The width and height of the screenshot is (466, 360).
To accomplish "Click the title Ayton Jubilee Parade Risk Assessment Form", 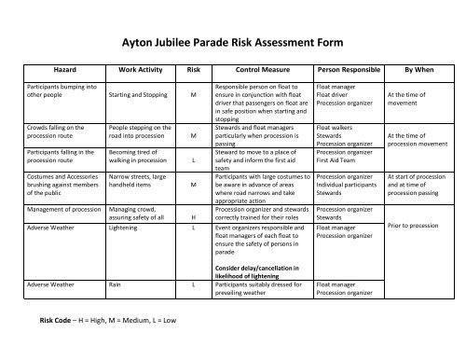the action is [x=233, y=42].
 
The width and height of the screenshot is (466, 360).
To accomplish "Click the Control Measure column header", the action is [x=254, y=69].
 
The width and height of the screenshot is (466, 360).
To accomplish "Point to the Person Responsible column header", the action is [x=356, y=69].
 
